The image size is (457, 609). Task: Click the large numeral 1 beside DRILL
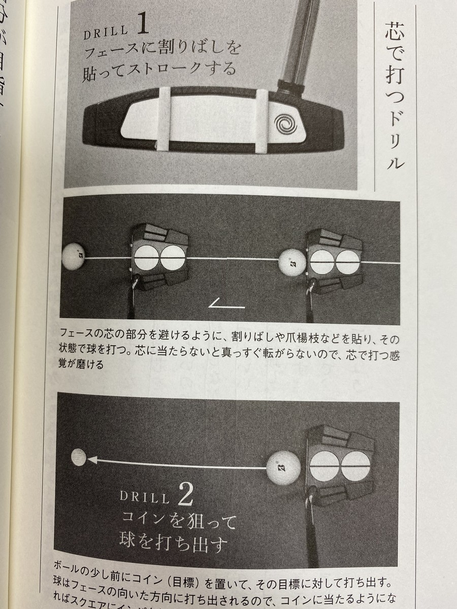point(142,25)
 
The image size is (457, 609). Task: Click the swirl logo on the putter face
point(285,122)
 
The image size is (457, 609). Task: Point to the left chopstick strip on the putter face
point(164,120)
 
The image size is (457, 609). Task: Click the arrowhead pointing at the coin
point(92,460)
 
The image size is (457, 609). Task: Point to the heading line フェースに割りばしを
point(161,49)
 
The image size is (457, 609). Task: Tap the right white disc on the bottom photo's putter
point(355,466)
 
